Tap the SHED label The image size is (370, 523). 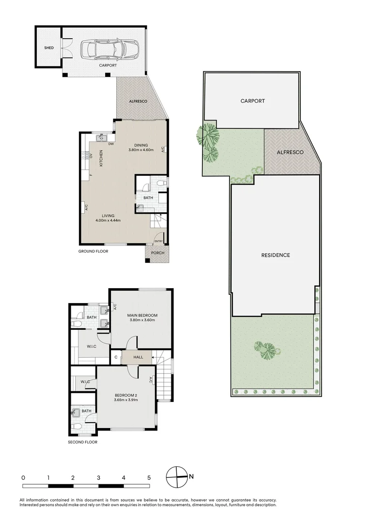(49, 48)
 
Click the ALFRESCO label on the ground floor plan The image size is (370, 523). (138, 101)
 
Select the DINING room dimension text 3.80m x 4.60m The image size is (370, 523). (141, 150)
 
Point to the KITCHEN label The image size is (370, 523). (101, 158)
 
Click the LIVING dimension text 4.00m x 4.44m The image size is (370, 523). (108, 220)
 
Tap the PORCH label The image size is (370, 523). (157, 253)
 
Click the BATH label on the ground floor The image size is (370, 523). (148, 198)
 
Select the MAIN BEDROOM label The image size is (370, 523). (142, 315)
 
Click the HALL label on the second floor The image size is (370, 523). (138, 358)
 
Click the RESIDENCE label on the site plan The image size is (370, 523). (276, 255)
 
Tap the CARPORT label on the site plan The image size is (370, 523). (253, 101)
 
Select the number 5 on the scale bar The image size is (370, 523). (149, 477)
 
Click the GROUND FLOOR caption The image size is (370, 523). (93, 251)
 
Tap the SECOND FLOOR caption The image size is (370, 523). (82, 442)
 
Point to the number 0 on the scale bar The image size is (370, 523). (23, 477)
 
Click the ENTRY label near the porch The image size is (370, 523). (158, 241)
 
